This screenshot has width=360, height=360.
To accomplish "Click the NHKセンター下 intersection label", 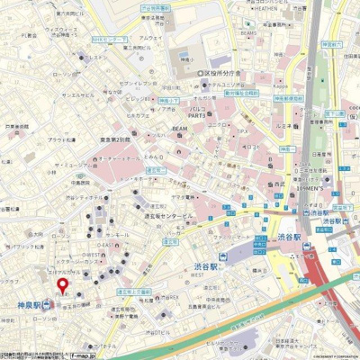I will (109, 40).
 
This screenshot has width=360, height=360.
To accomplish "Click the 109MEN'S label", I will (310, 191).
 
